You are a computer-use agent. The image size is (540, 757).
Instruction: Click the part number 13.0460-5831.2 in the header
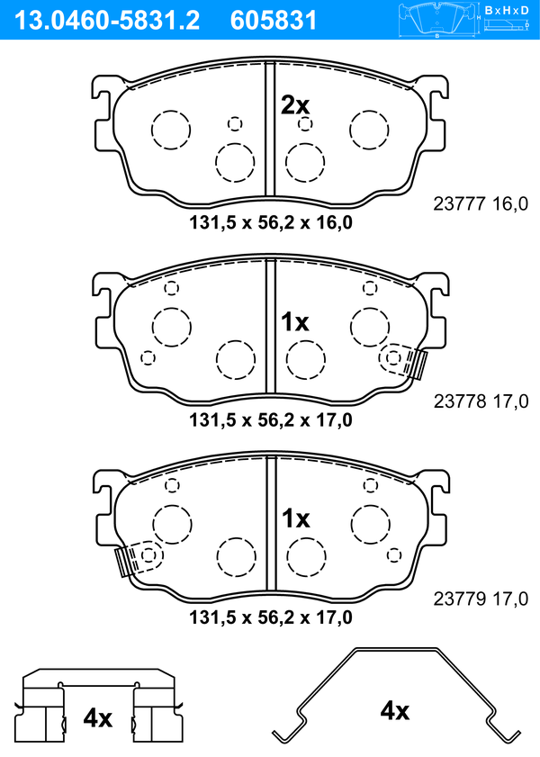[x=107, y=21]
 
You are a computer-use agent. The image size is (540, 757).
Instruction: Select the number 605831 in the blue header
[x=273, y=21]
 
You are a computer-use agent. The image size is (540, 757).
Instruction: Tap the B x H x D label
[x=507, y=10]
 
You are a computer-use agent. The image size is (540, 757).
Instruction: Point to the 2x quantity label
[x=295, y=104]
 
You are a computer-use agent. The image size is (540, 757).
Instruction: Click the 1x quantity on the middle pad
[x=295, y=321]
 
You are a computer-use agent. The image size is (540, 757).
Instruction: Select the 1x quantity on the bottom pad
[x=296, y=518]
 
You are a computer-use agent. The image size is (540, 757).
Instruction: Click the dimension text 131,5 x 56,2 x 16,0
[x=271, y=222]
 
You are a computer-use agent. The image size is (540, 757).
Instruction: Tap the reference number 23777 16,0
[x=481, y=204]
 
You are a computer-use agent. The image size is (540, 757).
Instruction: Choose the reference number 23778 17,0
[x=481, y=401]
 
